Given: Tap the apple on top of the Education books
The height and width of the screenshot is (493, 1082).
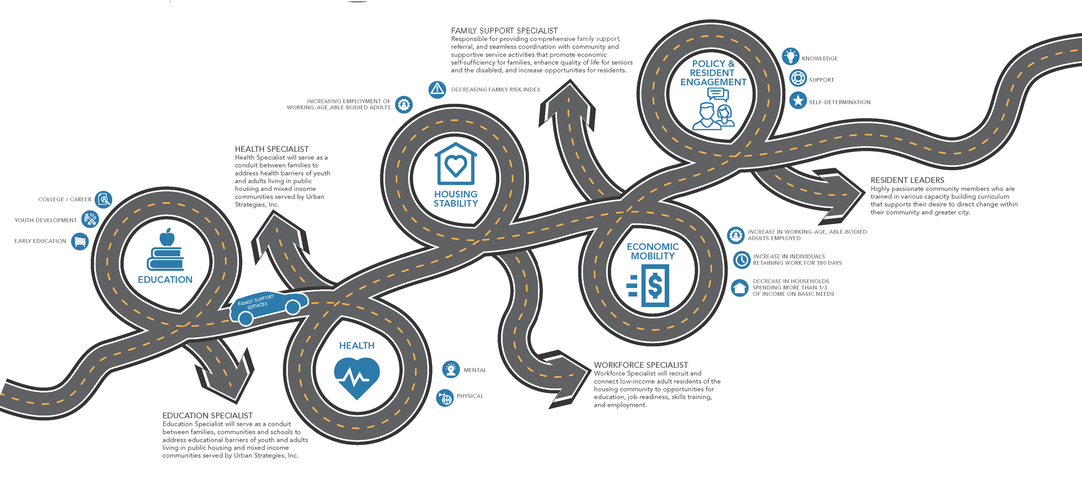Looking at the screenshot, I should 167,238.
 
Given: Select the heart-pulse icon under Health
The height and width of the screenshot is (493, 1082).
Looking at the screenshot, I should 357,377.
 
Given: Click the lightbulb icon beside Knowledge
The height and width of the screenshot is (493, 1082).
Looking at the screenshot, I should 790,57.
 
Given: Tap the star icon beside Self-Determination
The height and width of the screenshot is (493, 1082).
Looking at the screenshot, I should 798,101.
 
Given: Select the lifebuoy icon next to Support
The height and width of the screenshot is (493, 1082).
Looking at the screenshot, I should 798,78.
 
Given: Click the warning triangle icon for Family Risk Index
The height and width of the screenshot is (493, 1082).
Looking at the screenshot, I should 437,89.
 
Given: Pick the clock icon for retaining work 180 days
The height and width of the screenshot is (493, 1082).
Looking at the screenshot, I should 742,260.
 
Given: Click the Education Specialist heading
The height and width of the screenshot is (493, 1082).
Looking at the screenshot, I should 207,415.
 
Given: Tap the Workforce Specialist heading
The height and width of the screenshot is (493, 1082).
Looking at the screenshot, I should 641,365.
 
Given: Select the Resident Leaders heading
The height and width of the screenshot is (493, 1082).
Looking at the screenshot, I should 907,180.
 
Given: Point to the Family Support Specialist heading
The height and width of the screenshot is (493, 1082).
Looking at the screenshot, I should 504,31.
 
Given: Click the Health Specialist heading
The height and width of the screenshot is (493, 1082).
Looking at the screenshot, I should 272,149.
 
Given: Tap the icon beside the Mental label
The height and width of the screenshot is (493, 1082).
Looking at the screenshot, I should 451,370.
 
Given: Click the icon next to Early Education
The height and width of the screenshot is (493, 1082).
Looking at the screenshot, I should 80,241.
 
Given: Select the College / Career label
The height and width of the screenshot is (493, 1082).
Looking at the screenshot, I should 65,199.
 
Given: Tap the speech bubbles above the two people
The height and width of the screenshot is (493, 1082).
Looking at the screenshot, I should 718,95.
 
